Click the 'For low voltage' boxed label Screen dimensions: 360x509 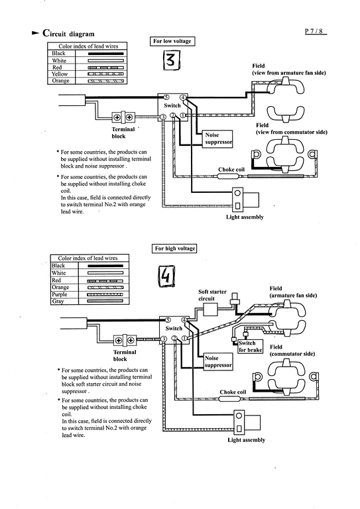coord(172,41)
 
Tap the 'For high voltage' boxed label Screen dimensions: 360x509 coord(174,249)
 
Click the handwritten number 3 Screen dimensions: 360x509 coord(171,61)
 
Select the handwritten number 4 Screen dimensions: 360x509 coord(166,276)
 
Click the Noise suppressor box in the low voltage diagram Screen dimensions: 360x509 coord(219,139)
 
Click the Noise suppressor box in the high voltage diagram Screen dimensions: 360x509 coord(218,362)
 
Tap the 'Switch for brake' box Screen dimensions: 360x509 coord(251,347)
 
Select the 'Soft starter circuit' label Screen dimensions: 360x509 coord(212,295)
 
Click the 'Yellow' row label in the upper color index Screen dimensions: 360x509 coord(60,74)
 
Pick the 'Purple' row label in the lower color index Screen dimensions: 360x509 coord(59,294)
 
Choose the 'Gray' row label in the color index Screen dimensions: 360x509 coord(58,302)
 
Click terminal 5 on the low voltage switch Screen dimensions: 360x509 coord(166,97)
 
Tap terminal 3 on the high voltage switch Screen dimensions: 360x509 coord(164,339)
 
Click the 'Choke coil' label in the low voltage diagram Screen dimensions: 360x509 coord(231,170)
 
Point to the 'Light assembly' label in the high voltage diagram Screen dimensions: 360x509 coord(247,440)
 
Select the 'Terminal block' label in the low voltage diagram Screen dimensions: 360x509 coord(123,133)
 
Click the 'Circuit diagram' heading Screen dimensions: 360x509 coord(68,33)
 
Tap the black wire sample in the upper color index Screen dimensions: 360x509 coord(105,53)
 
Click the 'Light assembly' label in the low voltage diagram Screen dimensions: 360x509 coord(245,217)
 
